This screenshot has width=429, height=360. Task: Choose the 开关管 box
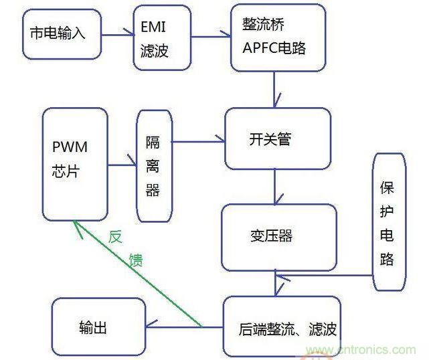[x=277, y=139]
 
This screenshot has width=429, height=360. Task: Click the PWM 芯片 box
[x=74, y=163]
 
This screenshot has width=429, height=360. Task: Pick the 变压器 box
[x=278, y=236]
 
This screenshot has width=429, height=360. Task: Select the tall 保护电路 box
[x=389, y=221]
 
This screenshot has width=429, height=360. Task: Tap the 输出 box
[x=98, y=327]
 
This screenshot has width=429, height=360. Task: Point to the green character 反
[x=115, y=238]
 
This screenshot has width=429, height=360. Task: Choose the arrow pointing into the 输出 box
[x=184, y=326]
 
